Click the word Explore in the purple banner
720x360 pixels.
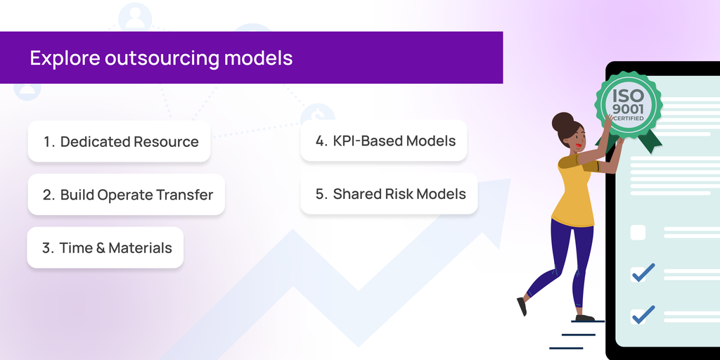click(x=65, y=58)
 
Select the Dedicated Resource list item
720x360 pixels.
click(x=120, y=141)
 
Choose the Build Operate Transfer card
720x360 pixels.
click(x=127, y=195)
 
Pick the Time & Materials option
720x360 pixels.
click(x=105, y=247)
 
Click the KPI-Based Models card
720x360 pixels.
click(x=385, y=141)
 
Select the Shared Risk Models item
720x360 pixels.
click(x=390, y=194)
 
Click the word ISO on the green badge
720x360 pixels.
click(x=627, y=95)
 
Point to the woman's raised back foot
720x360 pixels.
click(x=522, y=306)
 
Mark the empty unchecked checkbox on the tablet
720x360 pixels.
click(x=638, y=233)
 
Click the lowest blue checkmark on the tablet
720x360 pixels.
click(x=643, y=314)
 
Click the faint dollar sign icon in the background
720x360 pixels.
click(x=318, y=113)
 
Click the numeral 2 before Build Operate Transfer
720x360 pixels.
click(x=46, y=195)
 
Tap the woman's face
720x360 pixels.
click(x=577, y=136)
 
